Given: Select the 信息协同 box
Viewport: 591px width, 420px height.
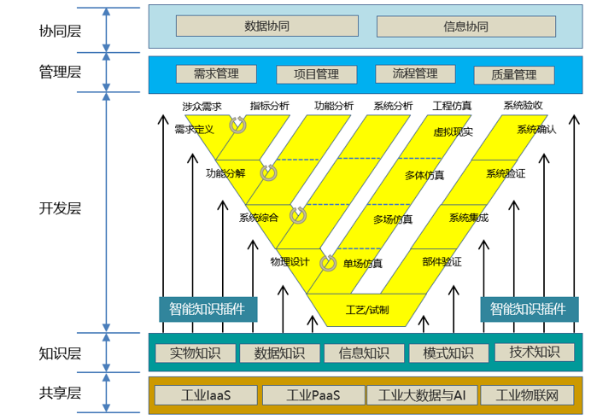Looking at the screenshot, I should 465,26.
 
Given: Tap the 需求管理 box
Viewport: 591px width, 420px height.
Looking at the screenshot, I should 216,74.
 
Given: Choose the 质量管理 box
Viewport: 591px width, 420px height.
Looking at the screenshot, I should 514,75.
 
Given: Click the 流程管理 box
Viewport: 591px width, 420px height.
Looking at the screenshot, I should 414,74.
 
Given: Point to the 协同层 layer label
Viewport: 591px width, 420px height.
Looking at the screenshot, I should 60,32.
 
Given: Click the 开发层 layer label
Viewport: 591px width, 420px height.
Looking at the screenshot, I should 60,208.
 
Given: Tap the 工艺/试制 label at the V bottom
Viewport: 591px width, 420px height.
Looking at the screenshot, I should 367,310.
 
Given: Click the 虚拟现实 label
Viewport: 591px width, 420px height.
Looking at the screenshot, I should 453,132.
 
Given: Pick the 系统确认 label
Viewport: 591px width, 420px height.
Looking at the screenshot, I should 536,130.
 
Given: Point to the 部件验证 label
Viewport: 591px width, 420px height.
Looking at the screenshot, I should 442,262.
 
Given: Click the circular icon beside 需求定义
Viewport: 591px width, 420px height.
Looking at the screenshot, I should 237,125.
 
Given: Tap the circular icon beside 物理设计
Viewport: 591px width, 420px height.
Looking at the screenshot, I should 328,263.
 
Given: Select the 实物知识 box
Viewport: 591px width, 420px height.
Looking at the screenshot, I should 195,353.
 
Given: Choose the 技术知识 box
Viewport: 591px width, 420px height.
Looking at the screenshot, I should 535,352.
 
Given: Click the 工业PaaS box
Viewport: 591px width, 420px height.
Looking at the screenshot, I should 313,395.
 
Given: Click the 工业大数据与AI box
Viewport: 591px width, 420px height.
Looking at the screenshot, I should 422,395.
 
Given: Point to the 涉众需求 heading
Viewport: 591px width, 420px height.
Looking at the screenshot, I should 202,107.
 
